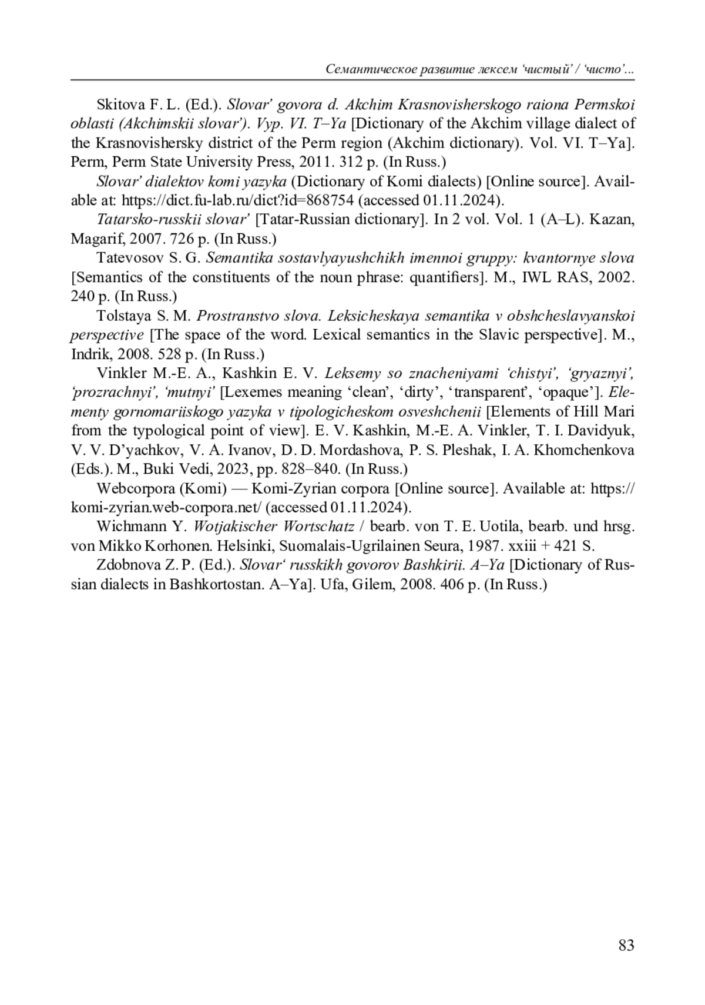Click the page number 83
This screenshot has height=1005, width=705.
pyautogui.click(x=626, y=945)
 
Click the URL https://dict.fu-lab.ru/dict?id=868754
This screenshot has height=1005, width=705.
pyautogui.click(x=237, y=200)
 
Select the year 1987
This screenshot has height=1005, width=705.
pyautogui.click(x=485, y=545)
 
